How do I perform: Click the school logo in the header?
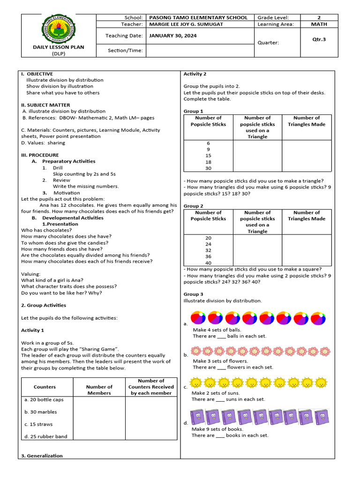[58, 29]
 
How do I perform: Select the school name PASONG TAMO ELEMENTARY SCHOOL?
[198, 18]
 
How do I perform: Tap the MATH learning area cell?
[319, 24]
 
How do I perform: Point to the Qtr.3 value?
[319, 39]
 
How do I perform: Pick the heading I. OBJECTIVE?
[37, 74]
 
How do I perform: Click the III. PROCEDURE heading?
[40, 155]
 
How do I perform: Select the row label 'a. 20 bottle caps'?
[44, 400]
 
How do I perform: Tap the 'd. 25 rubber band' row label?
[45, 436]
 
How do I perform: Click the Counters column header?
[45, 387]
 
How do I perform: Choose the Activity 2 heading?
[195, 74]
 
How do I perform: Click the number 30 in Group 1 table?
[208, 168]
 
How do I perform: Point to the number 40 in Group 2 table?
[208, 263]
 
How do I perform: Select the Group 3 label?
[194, 294]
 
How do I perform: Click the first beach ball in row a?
[197, 318]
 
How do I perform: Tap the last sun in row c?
[321, 383]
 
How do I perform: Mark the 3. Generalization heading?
[42, 456]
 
